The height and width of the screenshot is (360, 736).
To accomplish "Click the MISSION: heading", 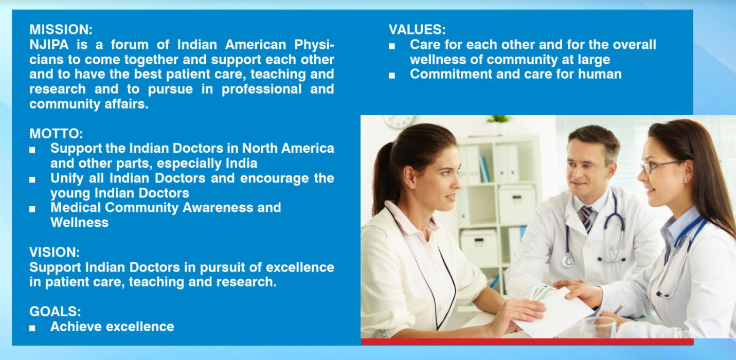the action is [x=61, y=29].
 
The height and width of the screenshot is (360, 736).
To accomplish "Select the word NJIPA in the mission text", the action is [x=49, y=44].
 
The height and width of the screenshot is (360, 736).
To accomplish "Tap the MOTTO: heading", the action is [x=56, y=134].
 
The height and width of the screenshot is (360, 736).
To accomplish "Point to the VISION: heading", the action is [x=55, y=253].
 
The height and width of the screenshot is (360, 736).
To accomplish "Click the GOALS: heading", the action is [x=55, y=311].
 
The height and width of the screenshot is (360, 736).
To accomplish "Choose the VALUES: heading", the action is [x=417, y=29].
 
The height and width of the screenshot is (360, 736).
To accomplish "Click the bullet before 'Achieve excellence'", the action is [x=32, y=328].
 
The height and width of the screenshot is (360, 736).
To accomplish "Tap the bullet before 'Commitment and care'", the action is [x=391, y=76].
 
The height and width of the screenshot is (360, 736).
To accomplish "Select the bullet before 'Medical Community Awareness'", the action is [x=32, y=209].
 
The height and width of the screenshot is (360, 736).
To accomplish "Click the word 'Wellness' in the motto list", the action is [x=80, y=222].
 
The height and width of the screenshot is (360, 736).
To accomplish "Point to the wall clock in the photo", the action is [x=399, y=121].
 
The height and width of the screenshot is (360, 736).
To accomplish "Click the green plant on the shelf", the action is [x=499, y=119].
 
